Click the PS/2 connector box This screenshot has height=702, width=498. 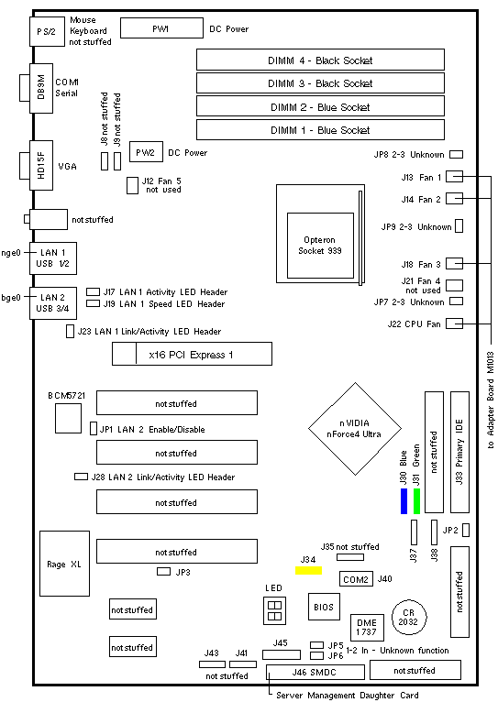click(47, 31)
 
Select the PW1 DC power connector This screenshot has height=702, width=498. click(161, 28)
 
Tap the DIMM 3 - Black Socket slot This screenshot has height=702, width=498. click(320, 83)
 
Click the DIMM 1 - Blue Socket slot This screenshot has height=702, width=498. click(320, 130)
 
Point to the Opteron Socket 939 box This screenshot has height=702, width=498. click(320, 246)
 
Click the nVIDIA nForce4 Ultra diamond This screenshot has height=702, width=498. click(355, 429)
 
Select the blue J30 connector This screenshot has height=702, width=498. click(404, 501)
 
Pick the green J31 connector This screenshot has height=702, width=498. click(417, 501)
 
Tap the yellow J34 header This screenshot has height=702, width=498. click(308, 570)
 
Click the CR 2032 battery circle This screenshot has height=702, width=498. click(409, 618)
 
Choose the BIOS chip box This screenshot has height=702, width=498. click(324, 607)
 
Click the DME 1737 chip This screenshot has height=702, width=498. click(367, 627)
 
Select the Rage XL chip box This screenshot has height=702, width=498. click(64, 564)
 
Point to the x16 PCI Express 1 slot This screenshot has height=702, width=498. click(192, 354)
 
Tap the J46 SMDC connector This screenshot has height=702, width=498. click(315, 672)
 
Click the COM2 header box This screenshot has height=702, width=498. click(356, 579)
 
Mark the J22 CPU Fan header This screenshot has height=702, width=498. click(454, 324)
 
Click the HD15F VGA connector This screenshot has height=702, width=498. click(41, 165)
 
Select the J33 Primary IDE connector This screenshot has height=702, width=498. click(459, 452)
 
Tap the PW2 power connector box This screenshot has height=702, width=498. click(146, 152)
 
